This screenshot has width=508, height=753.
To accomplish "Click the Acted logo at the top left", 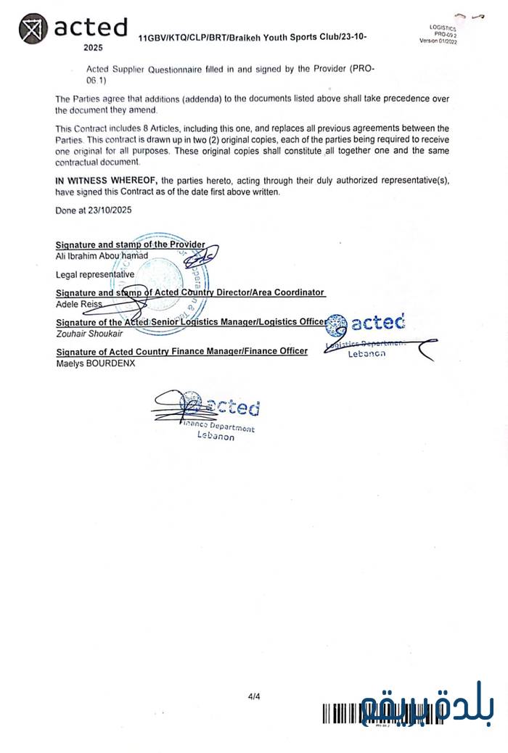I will point(73,28).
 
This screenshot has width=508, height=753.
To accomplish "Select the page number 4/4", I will point(254,697).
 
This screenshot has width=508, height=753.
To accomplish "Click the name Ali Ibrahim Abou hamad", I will point(102,255).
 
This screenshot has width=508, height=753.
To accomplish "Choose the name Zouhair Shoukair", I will point(89,333).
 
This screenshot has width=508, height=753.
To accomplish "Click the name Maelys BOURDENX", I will point(95,363).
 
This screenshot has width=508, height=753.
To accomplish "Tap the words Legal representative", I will point(95,274).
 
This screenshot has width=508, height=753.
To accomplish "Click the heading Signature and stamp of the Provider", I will point(130,244).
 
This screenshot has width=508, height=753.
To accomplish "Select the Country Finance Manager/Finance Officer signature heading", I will point(181,351).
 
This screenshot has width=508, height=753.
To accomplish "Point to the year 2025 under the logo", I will point(93,47).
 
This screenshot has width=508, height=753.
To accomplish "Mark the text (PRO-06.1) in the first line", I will point(361,68).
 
